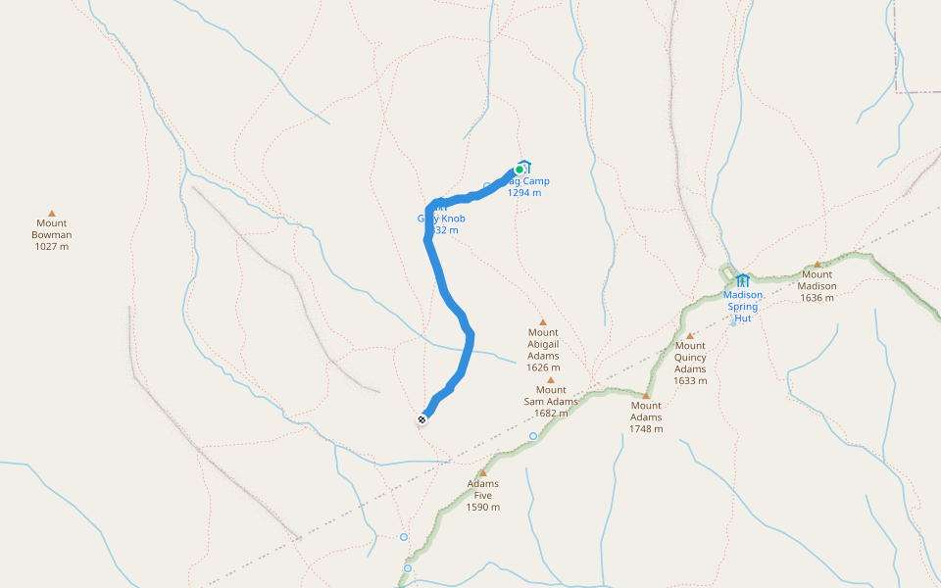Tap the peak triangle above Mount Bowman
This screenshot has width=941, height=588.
[x=52, y=213]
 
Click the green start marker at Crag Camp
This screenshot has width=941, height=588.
[x=520, y=170]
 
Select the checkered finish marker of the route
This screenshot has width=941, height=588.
[x=421, y=419]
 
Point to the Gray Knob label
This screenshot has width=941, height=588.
[x=441, y=219]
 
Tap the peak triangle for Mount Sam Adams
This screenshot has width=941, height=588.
[x=551, y=379]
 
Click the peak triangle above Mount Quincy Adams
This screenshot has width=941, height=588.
[x=690, y=335]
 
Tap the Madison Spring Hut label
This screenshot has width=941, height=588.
[x=743, y=306]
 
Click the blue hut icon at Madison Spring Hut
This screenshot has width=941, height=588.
[x=742, y=280]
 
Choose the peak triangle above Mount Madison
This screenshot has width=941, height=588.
[x=817, y=264]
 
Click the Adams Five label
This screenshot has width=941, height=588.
[x=483, y=489]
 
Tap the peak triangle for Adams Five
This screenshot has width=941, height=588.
[x=483, y=472]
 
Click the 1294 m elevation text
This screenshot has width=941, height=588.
[x=524, y=193]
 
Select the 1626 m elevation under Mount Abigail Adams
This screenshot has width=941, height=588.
[x=542, y=368]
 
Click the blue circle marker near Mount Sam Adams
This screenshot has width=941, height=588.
[x=533, y=436]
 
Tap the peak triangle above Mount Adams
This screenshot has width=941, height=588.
[x=646, y=395]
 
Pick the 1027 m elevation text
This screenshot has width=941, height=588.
[x=52, y=246]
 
